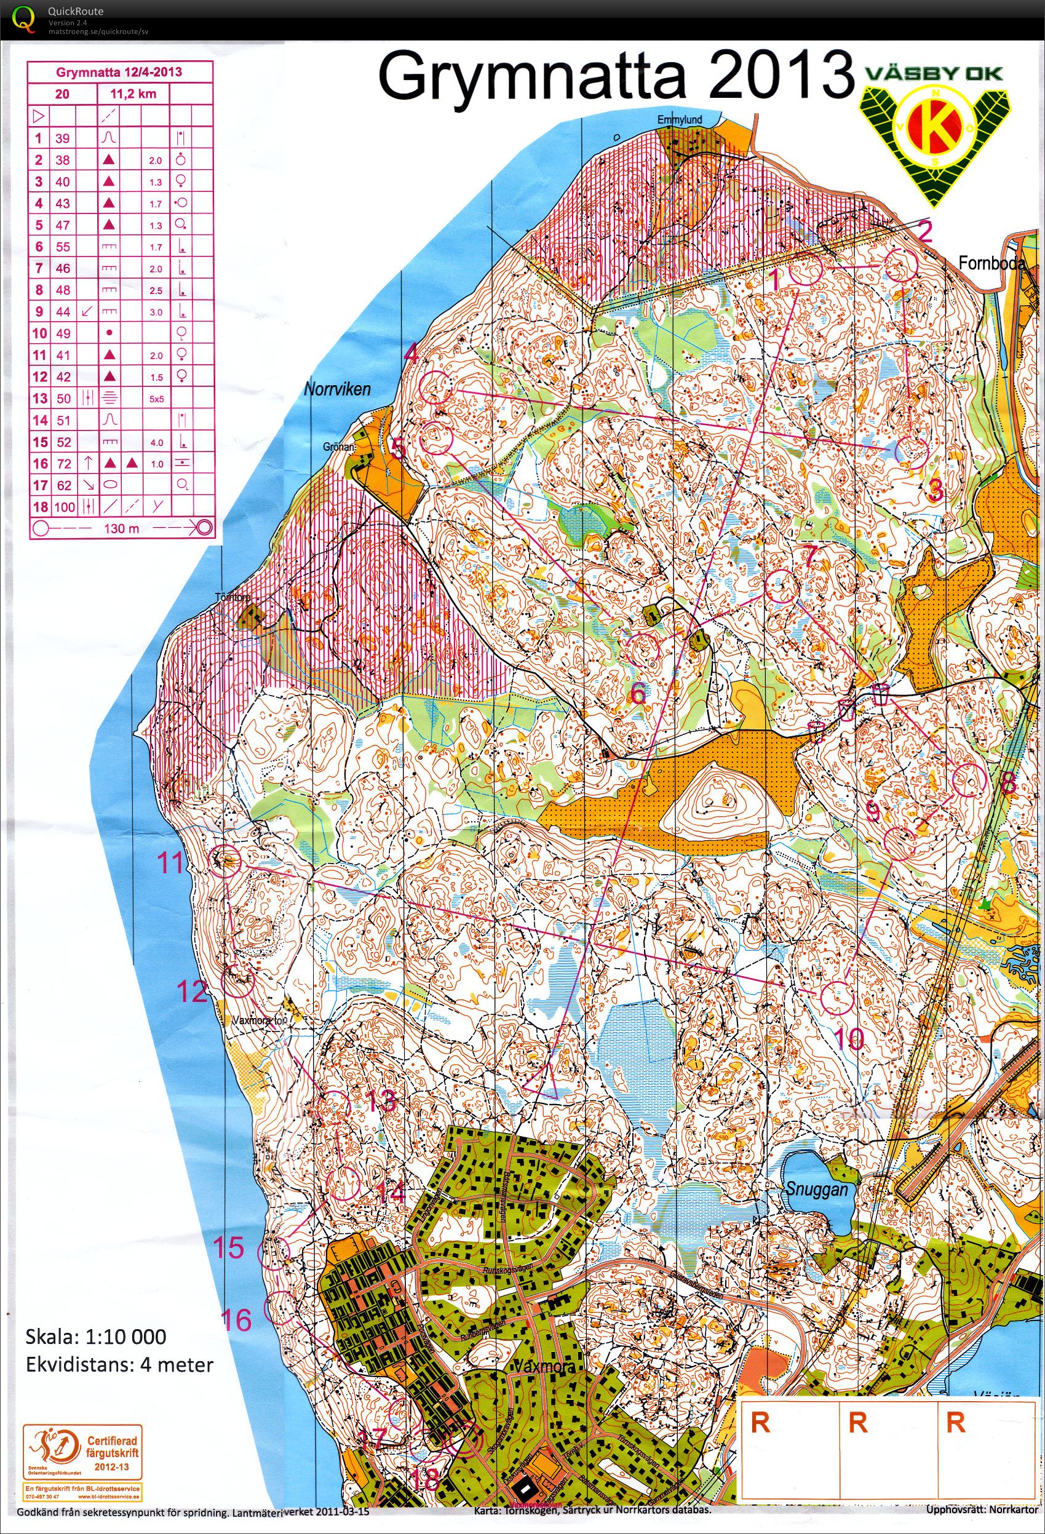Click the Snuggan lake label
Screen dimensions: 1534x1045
pyautogui.click(x=816, y=1189)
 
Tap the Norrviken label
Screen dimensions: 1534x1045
pyautogui.click(x=336, y=389)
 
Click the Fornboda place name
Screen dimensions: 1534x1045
pyautogui.click(x=991, y=264)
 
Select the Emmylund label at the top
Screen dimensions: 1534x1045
pyautogui.click(x=688, y=120)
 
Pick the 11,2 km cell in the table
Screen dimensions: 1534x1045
pyautogui.click(x=134, y=93)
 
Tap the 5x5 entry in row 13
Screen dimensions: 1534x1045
pyautogui.click(x=156, y=399)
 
